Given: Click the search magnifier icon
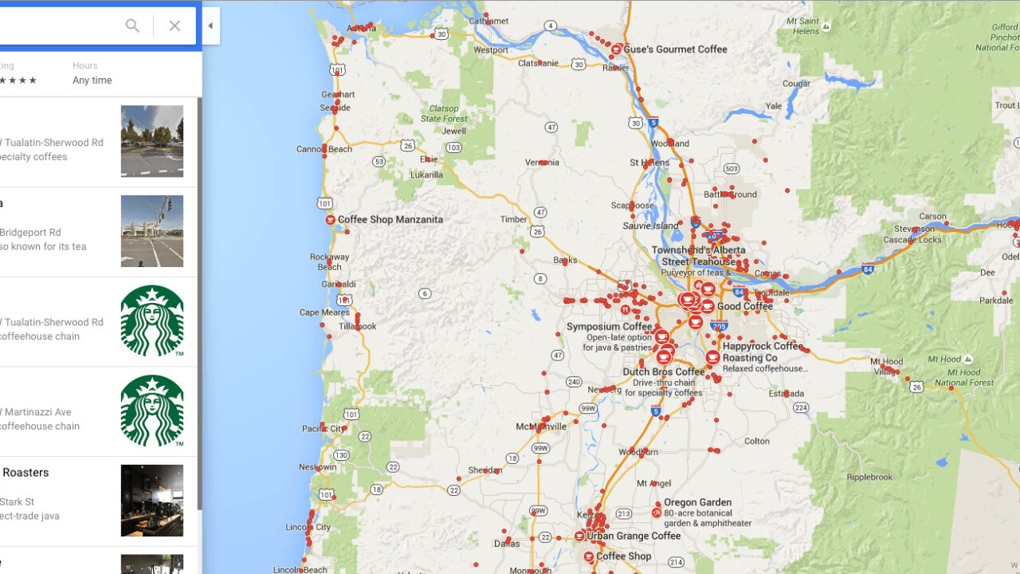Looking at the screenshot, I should tap(132, 26).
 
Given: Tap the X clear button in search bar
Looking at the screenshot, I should tap(175, 26).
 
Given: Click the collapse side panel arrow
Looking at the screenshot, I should tap(210, 26).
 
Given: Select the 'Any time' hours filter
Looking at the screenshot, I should tap(92, 81).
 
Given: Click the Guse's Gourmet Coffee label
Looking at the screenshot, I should tap(675, 49).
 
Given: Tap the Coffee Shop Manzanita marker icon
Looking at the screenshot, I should tap(330, 219).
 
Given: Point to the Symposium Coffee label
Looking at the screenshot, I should tap(609, 327).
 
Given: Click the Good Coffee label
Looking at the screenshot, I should tap(745, 306).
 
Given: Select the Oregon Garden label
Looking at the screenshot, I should tap(697, 503).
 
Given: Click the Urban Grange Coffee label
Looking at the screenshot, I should tap(634, 536).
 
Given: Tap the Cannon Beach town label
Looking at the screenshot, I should tap(324, 149).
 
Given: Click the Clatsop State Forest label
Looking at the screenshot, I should tap(444, 113).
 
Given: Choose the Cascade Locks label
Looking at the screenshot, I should tap(912, 239).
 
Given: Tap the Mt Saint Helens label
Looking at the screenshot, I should tap(805, 26).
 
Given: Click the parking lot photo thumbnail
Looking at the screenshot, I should tap(152, 141).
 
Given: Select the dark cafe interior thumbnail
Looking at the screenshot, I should tap(152, 501).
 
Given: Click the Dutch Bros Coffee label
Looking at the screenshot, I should tap(664, 372).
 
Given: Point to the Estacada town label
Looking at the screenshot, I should tap(764, 394).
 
